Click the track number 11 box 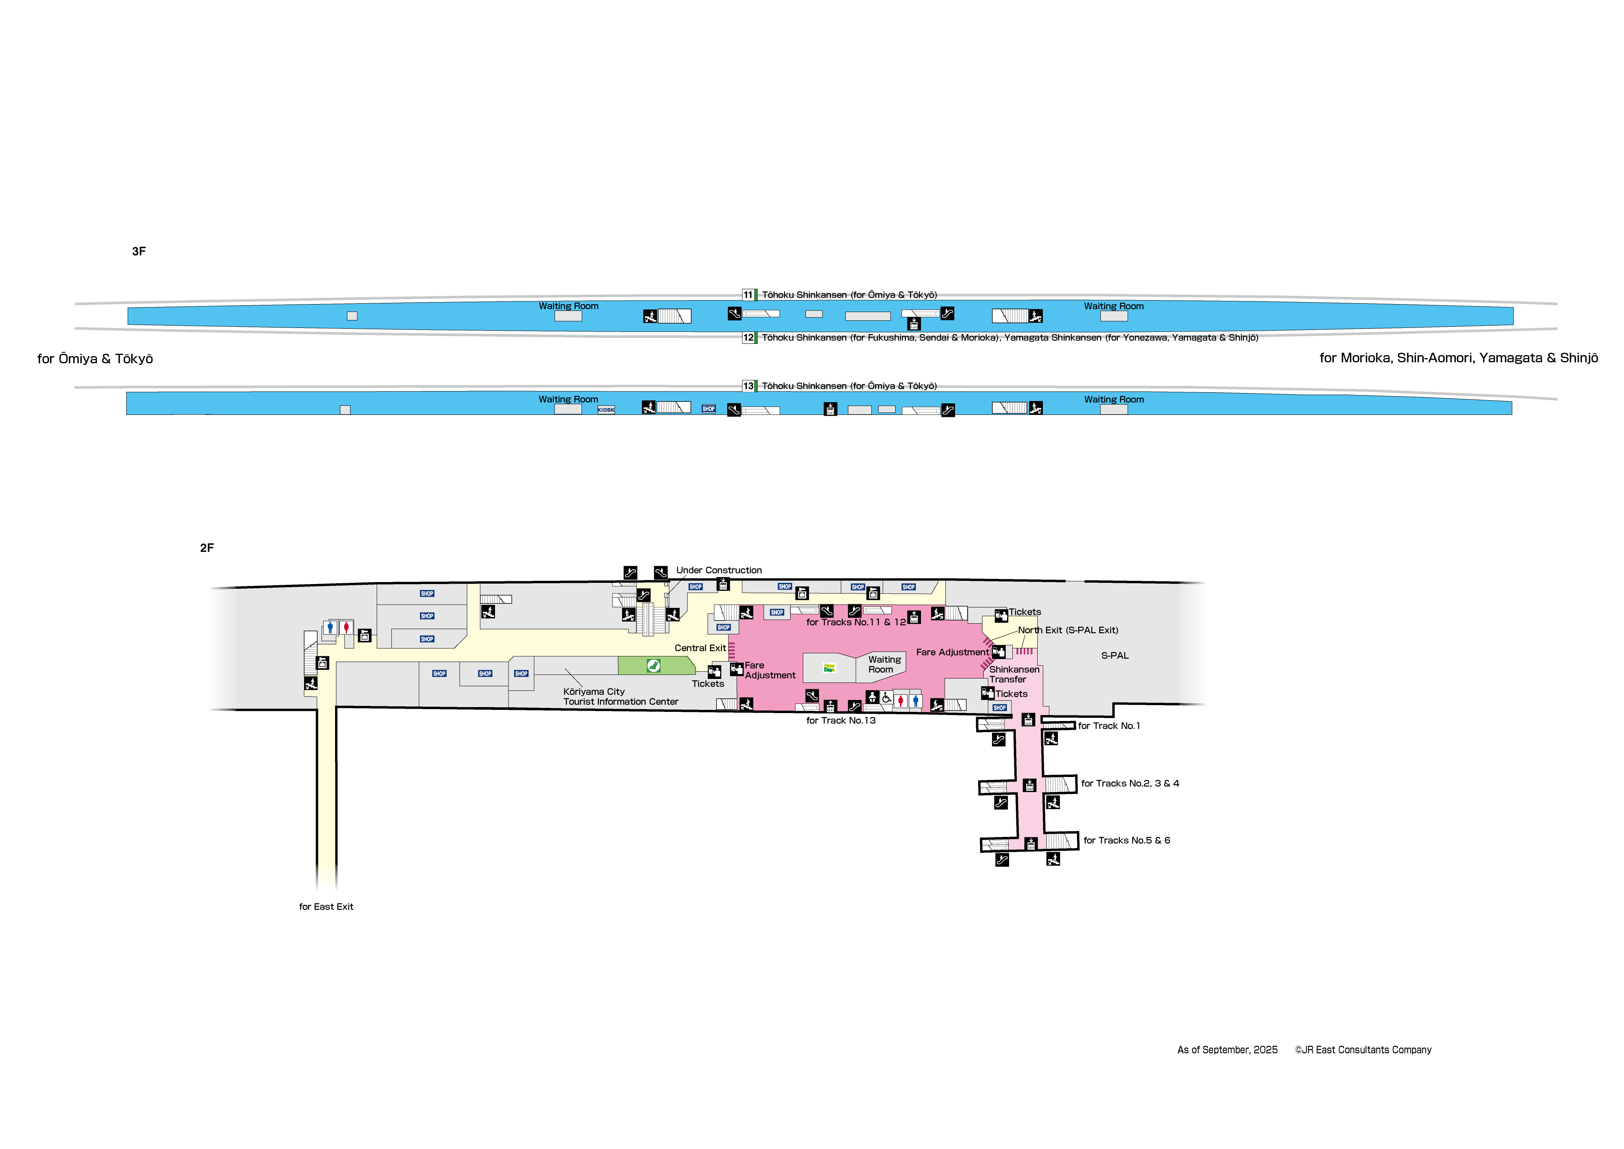(x=747, y=295)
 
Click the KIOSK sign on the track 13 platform (x=606, y=410)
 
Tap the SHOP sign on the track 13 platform (x=708, y=409)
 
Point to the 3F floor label (x=139, y=251)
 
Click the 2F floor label (x=206, y=548)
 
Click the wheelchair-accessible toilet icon (x=886, y=698)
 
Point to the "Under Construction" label (x=719, y=570)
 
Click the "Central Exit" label (x=699, y=648)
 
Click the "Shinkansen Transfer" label (x=1013, y=674)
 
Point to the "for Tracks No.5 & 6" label (x=1127, y=841)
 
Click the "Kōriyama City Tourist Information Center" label (x=620, y=697)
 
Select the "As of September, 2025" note (x=1227, y=1050)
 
